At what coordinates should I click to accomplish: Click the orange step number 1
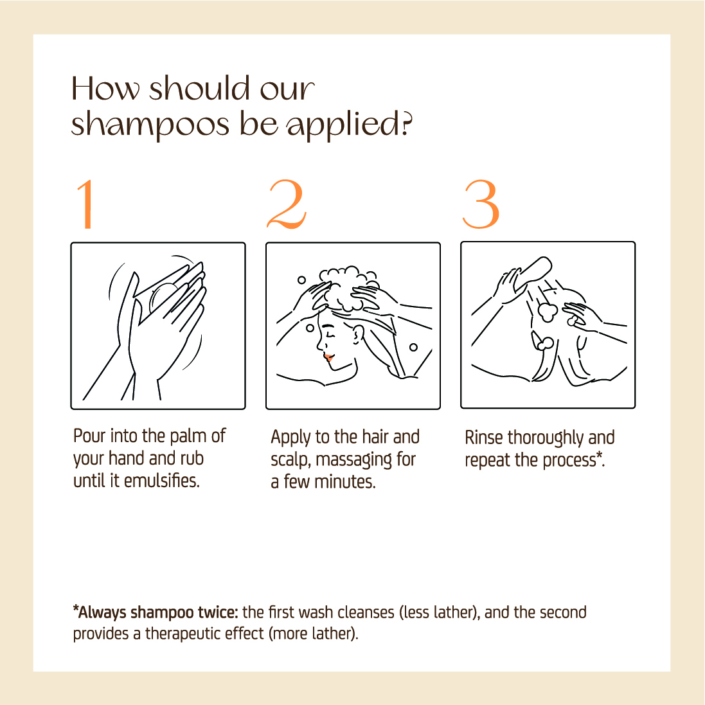tap(86, 204)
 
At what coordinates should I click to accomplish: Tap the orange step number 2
tap(287, 204)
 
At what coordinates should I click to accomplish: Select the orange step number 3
tap(481, 204)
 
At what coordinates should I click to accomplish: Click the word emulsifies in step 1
tap(161, 481)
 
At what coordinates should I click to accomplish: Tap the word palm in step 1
tap(188, 436)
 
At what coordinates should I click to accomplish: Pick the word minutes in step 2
tap(345, 482)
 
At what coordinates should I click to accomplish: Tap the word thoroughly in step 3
tap(546, 438)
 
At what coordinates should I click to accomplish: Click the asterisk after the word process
tap(599, 456)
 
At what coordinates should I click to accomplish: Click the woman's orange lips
tap(328, 357)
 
